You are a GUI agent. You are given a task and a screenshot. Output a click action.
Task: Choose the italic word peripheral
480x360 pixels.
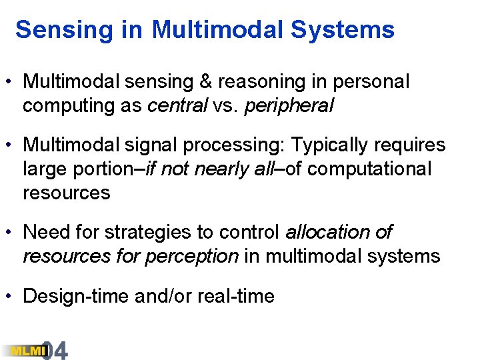tap(289, 106)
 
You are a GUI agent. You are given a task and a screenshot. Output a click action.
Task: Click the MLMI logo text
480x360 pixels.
tap(23, 350)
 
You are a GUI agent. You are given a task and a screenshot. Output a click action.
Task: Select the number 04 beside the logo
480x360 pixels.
tap(56, 350)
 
